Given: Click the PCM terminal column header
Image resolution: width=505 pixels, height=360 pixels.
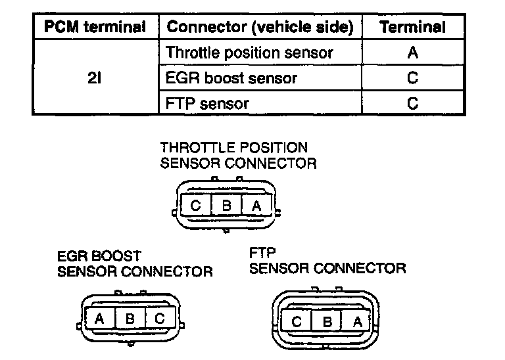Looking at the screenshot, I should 95,28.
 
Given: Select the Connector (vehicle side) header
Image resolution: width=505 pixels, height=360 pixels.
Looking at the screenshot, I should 260,28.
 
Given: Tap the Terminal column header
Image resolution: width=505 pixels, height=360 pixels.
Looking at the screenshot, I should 412,28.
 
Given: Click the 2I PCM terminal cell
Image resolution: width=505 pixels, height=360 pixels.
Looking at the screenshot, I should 95,78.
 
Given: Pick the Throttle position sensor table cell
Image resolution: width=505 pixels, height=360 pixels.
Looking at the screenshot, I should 250,53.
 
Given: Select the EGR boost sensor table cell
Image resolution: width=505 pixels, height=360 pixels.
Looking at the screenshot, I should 232,78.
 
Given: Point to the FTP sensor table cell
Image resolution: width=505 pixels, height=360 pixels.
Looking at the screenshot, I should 208,103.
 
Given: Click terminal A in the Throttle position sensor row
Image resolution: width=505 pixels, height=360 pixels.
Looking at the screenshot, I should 412,53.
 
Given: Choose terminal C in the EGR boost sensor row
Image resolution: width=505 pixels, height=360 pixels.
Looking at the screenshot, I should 412,78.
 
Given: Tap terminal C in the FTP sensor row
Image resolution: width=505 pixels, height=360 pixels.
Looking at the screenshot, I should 412,103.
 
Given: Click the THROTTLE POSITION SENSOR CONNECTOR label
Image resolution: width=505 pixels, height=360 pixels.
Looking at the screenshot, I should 238,155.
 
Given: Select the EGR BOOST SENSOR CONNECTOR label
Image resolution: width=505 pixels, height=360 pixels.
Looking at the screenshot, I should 135,263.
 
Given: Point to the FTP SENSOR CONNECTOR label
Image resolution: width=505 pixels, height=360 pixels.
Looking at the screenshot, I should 327,260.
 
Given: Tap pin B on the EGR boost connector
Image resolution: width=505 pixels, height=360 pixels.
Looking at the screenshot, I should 130,319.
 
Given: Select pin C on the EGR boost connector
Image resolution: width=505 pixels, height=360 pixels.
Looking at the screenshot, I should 160,319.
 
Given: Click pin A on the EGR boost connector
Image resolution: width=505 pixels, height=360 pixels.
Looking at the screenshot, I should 99,319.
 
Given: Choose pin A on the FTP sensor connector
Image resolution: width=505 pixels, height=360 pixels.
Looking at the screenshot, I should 357,321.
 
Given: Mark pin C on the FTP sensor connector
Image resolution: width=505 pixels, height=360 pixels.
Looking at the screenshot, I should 296,321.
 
